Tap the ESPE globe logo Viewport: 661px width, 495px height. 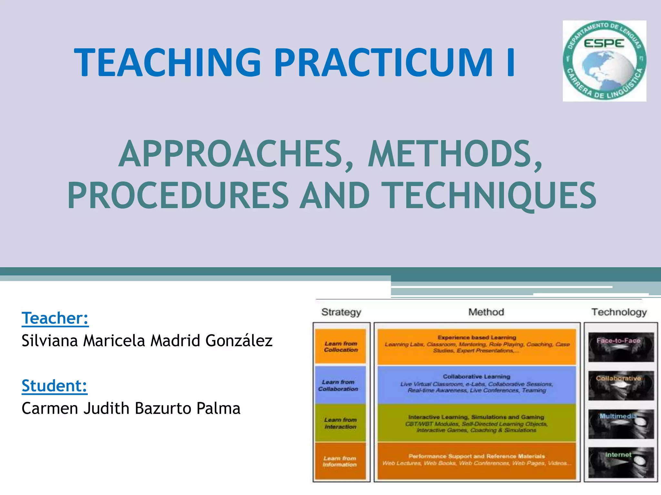tap(604, 61)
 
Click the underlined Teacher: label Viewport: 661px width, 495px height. tap(55, 318)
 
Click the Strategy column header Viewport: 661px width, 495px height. tap(341, 312)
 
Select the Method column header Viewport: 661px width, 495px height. tap(486, 312)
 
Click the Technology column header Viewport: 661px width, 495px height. tap(619, 312)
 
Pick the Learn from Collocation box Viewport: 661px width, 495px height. tap(341, 346)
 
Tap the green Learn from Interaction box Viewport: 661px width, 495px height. tap(341, 423)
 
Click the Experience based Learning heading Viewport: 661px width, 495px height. tap(477, 337)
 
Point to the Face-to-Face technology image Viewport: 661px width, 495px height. tap(621, 347)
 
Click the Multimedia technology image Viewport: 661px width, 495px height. tap(621, 424)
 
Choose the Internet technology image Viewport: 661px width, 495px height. tap(621, 462)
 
